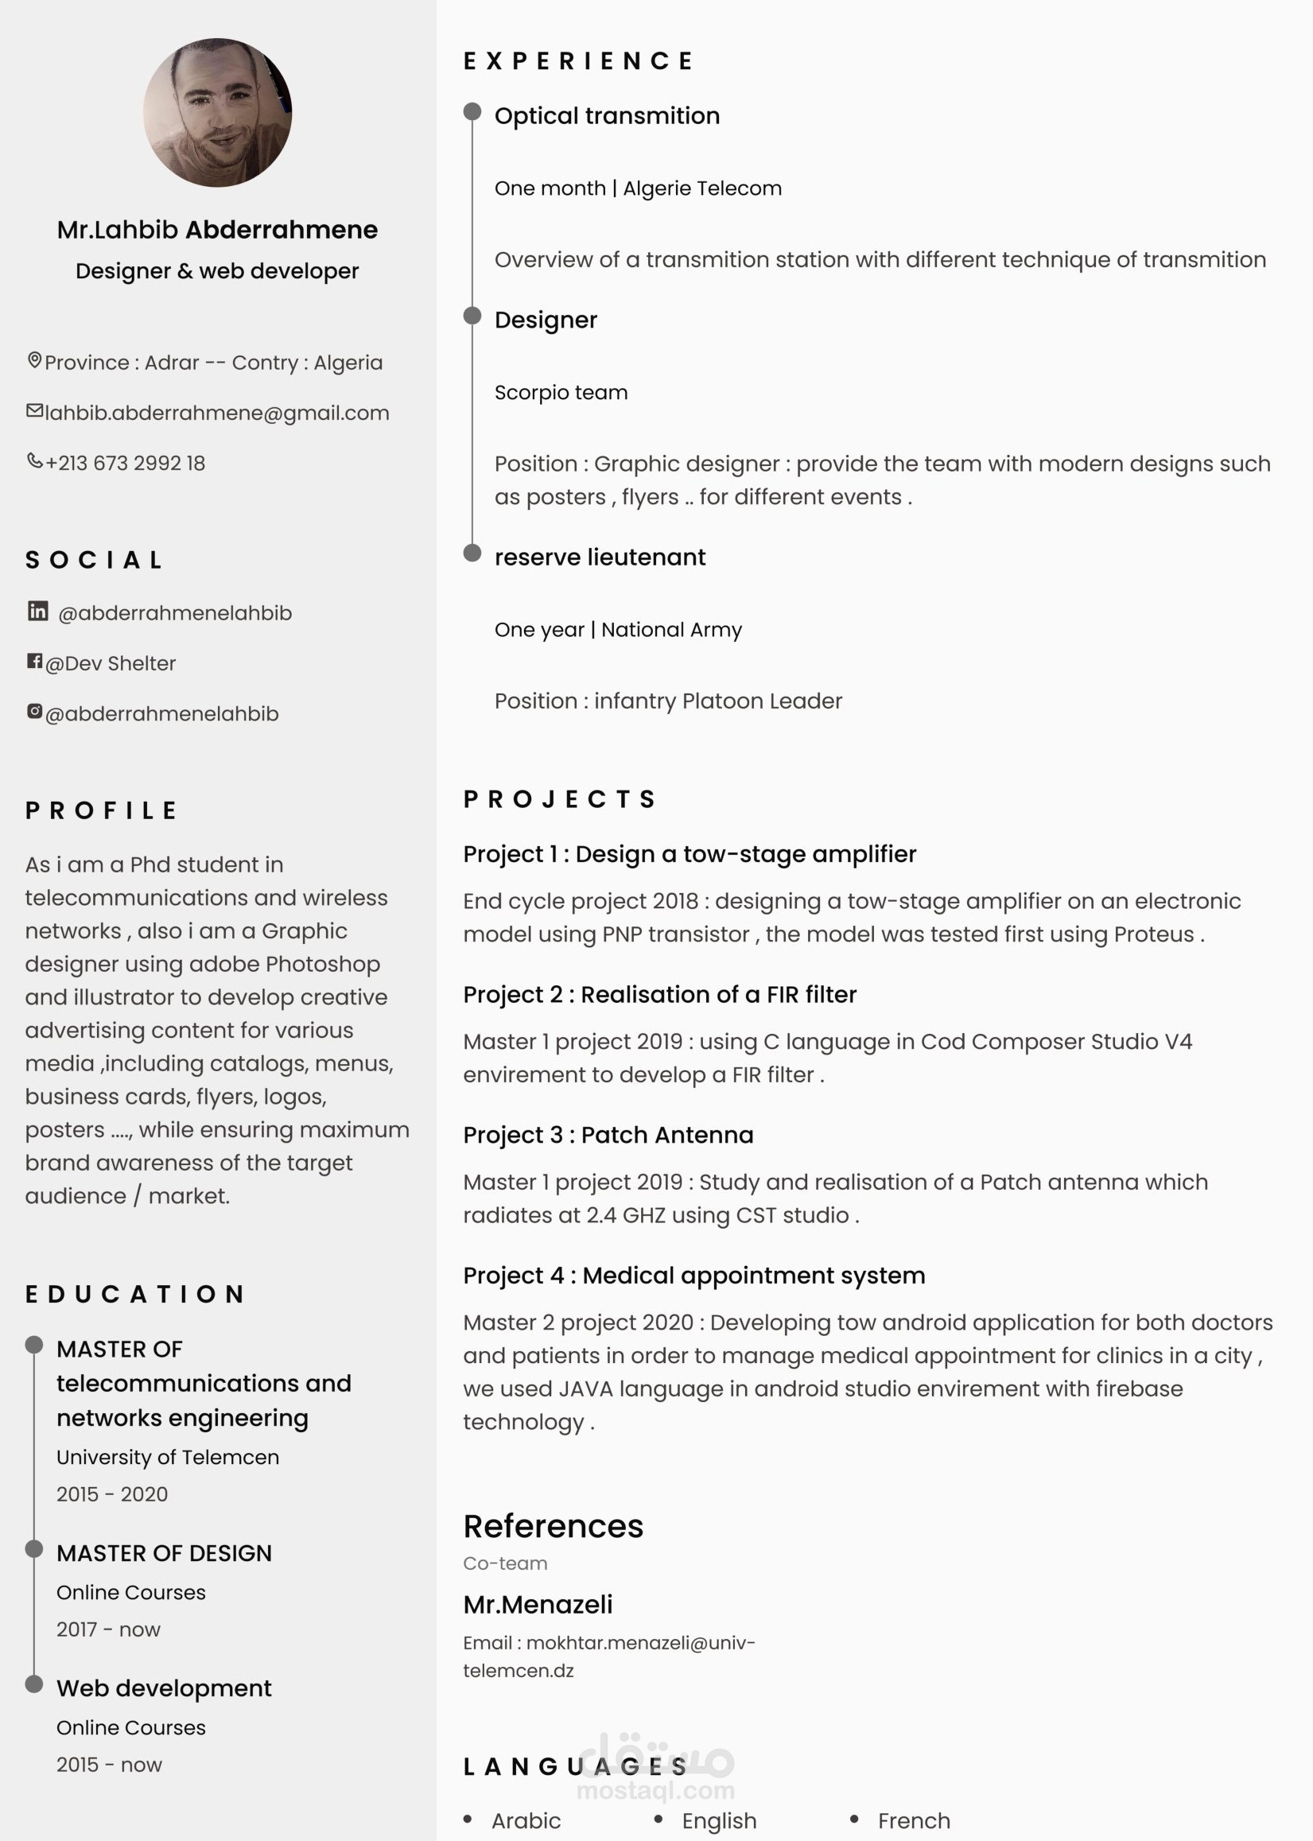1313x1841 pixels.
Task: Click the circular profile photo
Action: (217, 112)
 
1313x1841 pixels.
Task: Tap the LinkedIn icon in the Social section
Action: (38, 612)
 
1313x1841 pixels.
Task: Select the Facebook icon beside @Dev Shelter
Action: (35, 662)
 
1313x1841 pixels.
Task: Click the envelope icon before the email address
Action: (35, 410)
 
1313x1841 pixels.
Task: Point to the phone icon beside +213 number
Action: (35, 461)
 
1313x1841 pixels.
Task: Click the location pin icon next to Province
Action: (35, 360)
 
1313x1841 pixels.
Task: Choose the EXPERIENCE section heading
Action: (579, 61)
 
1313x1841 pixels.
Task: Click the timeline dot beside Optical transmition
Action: (472, 111)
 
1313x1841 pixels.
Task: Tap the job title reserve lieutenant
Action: (600, 557)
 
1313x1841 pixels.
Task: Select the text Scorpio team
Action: (561, 392)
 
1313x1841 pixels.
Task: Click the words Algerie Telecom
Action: (701, 188)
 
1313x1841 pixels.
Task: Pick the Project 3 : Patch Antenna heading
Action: (608, 1135)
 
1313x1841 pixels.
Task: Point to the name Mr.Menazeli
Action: (538, 1605)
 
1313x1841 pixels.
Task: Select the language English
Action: (719, 1821)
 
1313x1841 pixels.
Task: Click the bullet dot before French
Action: (854, 1820)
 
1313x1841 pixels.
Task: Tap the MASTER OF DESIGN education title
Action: (164, 1553)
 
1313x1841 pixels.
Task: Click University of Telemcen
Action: (167, 1457)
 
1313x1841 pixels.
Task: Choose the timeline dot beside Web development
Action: (34, 1684)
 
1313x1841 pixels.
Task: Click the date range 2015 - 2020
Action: (112, 1494)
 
